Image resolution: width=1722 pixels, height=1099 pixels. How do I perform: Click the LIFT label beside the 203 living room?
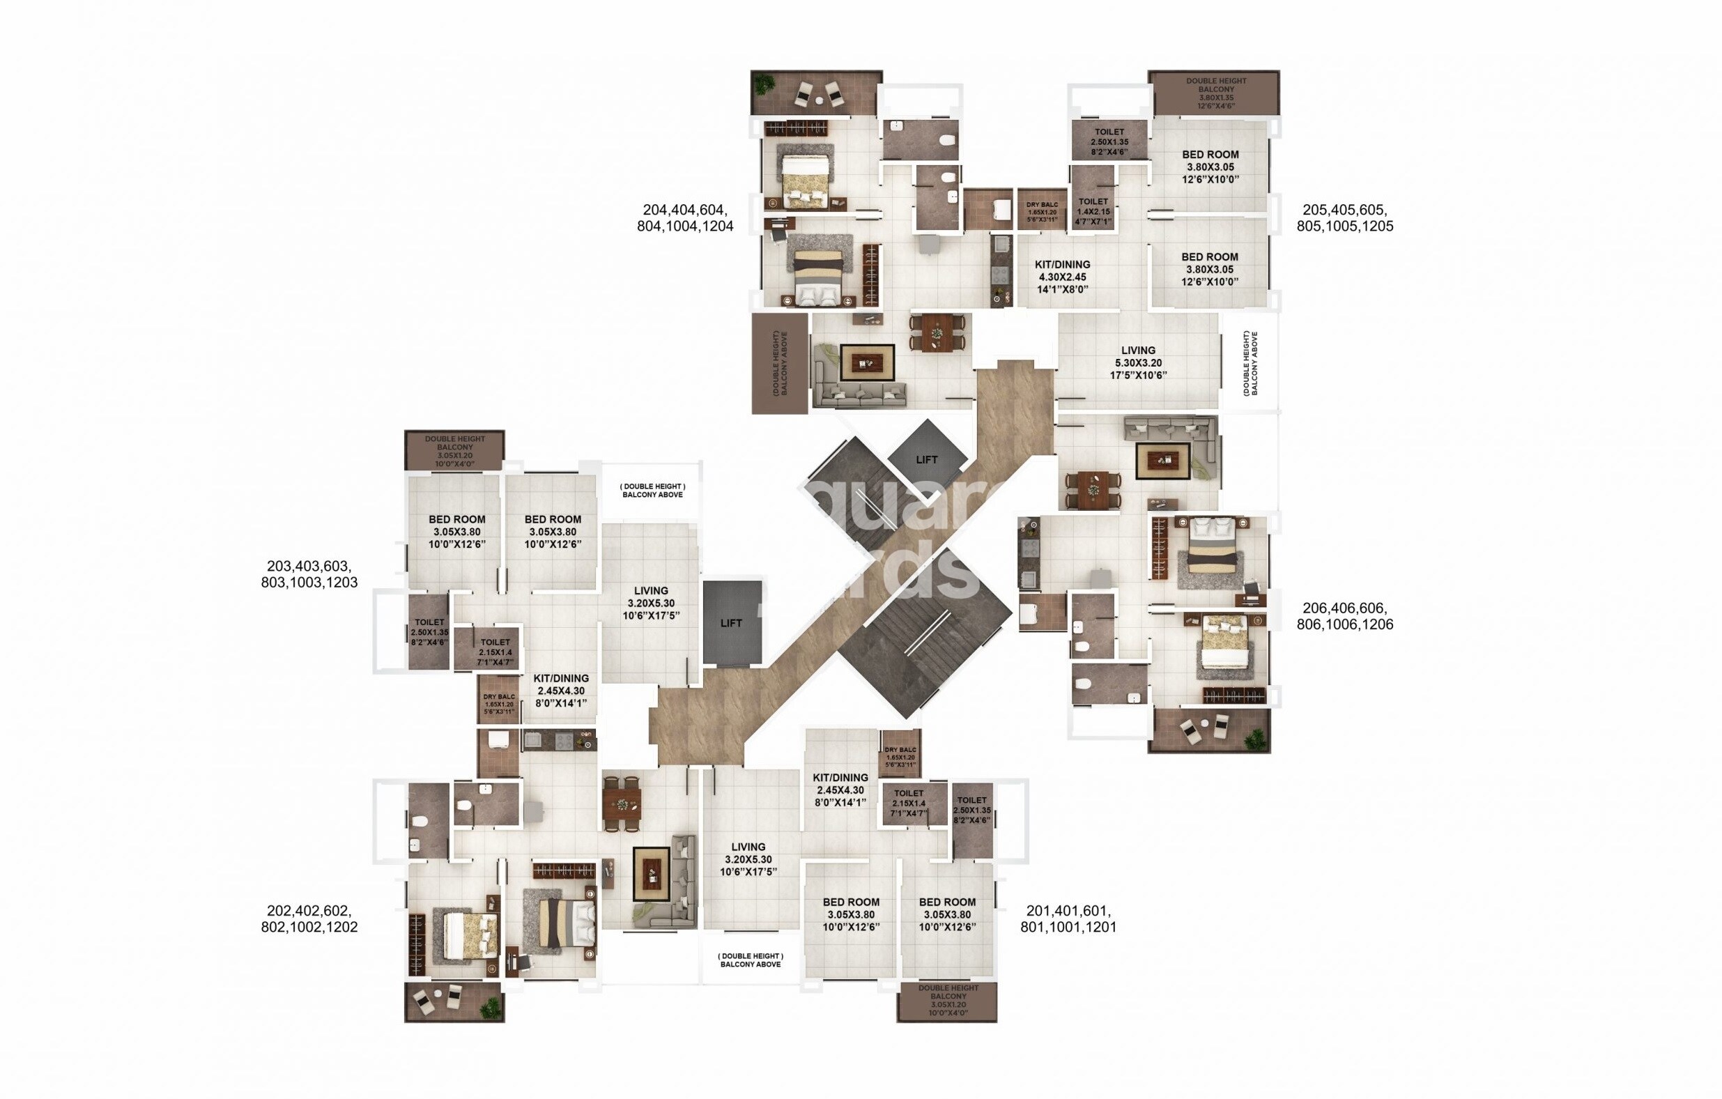point(731,623)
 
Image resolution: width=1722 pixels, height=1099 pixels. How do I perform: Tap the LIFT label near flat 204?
point(926,460)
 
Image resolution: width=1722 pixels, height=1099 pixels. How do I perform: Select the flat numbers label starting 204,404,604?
point(685,218)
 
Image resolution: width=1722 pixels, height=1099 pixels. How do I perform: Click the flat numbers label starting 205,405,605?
point(1344,218)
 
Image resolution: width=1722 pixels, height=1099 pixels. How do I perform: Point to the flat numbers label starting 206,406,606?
point(1344,615)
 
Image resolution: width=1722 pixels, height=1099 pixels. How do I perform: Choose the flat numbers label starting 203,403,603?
point(309,574)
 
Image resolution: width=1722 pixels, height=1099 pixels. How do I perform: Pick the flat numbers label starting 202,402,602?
point(309,919)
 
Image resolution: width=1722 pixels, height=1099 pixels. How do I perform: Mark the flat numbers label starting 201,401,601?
point(1068,919)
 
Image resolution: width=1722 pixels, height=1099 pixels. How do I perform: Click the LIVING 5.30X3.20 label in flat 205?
point(1138,362)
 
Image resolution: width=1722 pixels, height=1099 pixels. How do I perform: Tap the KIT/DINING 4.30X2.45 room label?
point(1062,277)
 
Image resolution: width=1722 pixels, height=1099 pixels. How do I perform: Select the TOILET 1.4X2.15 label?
point(1093,212)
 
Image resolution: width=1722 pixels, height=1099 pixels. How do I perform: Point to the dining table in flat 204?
point(936,332)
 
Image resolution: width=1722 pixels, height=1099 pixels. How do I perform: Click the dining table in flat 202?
point(622,804)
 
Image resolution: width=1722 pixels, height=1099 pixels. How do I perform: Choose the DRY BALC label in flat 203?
point(498,704)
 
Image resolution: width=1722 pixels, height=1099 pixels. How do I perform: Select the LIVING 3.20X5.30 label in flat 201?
point(748,859)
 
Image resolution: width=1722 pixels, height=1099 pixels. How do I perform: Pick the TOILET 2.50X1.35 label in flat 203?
point(429,632)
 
